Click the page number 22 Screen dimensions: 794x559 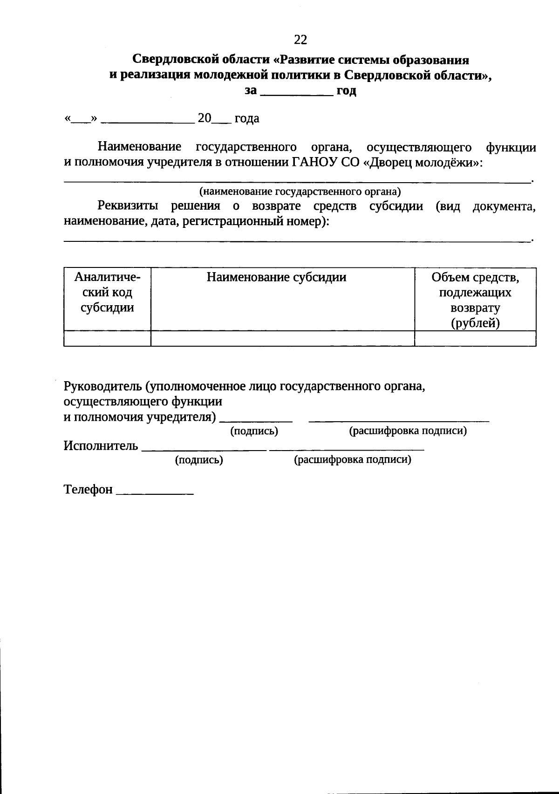tap(300, 40)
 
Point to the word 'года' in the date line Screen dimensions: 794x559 tap(247, 119)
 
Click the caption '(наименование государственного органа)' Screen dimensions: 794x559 tap(300, 191)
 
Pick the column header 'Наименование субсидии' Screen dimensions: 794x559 tap(277, 278)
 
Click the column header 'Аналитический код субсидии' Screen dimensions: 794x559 tap(107, 293)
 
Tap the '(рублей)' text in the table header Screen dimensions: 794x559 tap(475, 323)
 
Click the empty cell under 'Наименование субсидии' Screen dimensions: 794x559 tap(282, 339)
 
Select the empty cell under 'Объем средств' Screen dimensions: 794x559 tap(475, 339)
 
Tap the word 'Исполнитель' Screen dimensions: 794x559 tap(101, 446)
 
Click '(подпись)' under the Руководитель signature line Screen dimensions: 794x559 tap(254, 431)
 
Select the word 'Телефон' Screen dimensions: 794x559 tap(88, 490)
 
